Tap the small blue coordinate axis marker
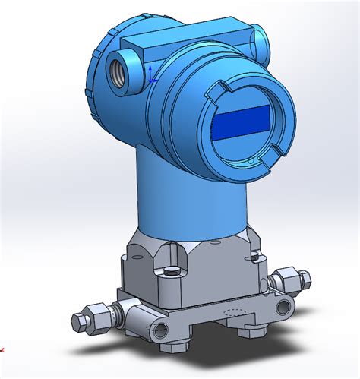pos(151,74)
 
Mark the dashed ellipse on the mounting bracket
pos(235,313)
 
